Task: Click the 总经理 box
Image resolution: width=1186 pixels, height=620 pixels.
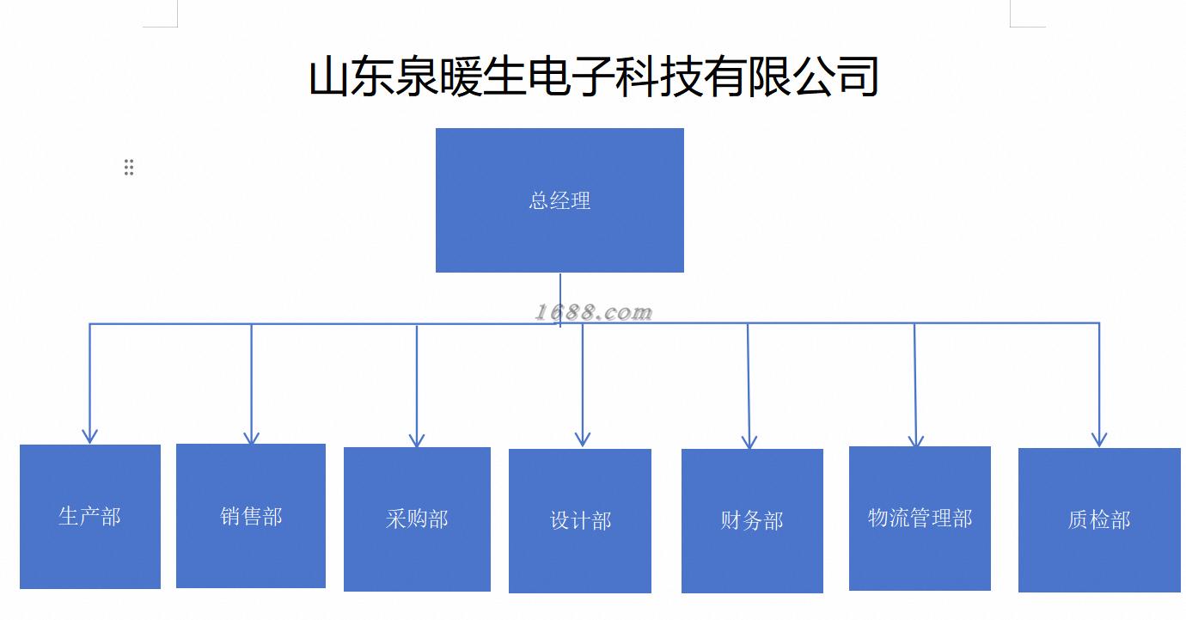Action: coord(559,200)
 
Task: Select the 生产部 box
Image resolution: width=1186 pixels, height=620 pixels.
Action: coord(90,517)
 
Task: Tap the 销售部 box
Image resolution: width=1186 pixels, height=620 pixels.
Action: coord(251,516)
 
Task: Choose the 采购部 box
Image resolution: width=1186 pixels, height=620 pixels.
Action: coord(417,519)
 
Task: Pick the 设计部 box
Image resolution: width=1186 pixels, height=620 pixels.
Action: coord(580,521)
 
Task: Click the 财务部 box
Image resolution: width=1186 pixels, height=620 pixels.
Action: coord(752,521)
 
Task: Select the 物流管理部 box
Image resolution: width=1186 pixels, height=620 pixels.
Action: coord(920,519)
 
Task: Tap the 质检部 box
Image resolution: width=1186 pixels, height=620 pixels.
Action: coord(1100,520)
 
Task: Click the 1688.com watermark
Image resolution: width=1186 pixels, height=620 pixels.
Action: coord(594,313)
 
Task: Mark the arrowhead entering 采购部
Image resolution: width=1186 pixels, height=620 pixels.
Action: coord(417,439)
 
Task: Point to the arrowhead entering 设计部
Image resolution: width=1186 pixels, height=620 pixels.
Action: coord(583,439)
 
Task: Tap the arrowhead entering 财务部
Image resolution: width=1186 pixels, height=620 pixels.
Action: coord(749,442)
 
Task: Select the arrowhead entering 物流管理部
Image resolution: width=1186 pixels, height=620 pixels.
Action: coord(916,439)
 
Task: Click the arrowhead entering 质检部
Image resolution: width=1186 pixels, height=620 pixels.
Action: coord(1099,439)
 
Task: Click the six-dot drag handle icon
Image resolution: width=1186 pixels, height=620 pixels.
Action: coord(129,167)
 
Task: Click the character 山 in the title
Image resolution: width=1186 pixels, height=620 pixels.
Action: coord(328,77)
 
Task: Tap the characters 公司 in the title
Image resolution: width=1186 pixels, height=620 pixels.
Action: coord(836,77)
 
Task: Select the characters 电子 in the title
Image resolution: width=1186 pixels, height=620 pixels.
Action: coord(572,77)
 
